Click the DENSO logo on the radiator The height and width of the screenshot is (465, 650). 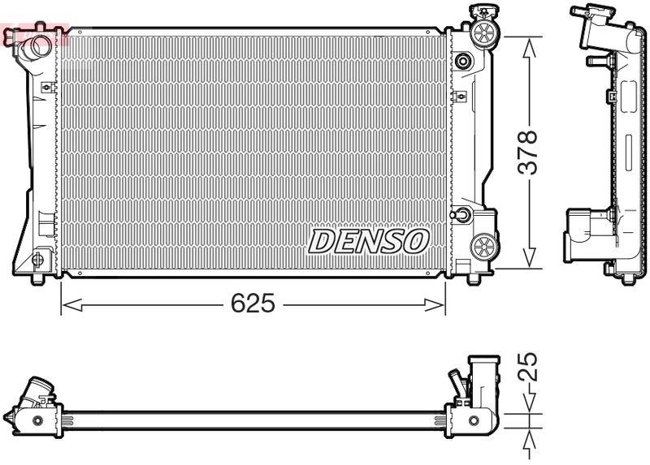coord(369,240)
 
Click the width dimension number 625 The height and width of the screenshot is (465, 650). coord(253,304)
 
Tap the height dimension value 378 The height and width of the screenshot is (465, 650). coord(529,151)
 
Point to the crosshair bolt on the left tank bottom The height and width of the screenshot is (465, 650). coord(37,260)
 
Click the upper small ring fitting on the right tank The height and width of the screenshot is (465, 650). coord(463,61)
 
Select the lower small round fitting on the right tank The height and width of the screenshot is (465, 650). coord(462,215)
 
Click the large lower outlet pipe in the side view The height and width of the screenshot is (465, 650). coord(583,227)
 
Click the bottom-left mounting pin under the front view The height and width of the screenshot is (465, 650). coord(38,280)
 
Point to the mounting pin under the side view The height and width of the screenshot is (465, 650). coord(627,281)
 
